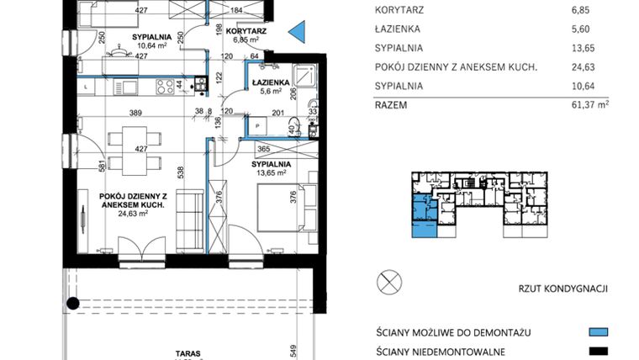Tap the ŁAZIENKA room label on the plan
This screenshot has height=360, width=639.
[x=270, y=82]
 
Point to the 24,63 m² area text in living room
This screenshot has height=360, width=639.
[x=133, y=214]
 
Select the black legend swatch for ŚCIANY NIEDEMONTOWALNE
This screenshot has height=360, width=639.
[x=599, y=351]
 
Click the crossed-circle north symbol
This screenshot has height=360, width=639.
[x=390, y=281]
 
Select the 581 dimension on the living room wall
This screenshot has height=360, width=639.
[x=77, y=167]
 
